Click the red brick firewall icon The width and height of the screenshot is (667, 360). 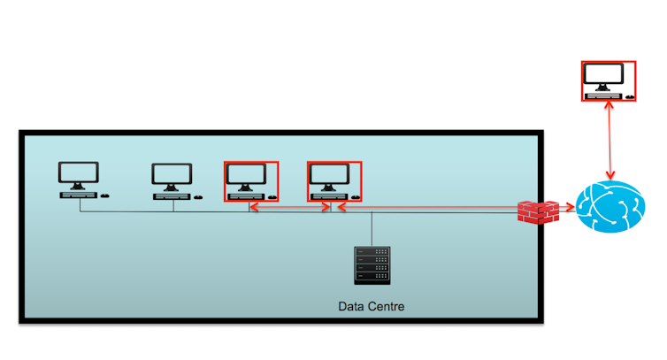click(539, 211)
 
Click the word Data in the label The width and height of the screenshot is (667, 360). click(353, 307)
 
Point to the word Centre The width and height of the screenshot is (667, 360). click(389, 307)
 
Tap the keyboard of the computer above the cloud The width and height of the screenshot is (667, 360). click(603, 94)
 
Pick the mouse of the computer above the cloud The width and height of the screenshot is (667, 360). click(629, 95)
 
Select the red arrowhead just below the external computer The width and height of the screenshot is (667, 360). click(608, 105)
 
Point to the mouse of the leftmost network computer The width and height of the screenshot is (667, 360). click(105, 195)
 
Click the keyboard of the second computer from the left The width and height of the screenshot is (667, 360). click(171, 195)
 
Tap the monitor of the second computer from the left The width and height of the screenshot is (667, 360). click(171, 174)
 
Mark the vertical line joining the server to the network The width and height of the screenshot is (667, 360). click(372, 227)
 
